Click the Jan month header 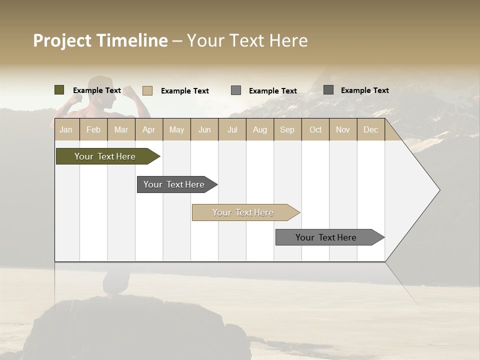(x=66, y=129)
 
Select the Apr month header (x=148, y=129)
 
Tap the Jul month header (x=232, y=129)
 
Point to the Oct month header (x=315, y=129)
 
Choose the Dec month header (x=370, y=129)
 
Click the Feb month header (x=93, y=129)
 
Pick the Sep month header (x=287, y=129)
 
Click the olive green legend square (x=59, y=90)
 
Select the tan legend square (x=147, y=90)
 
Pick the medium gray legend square (x=236, y=90)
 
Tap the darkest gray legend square (x=328, y=90)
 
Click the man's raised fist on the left (x=76, y=98)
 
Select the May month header (x=176, y=129)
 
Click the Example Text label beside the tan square (x=185, y=91)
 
